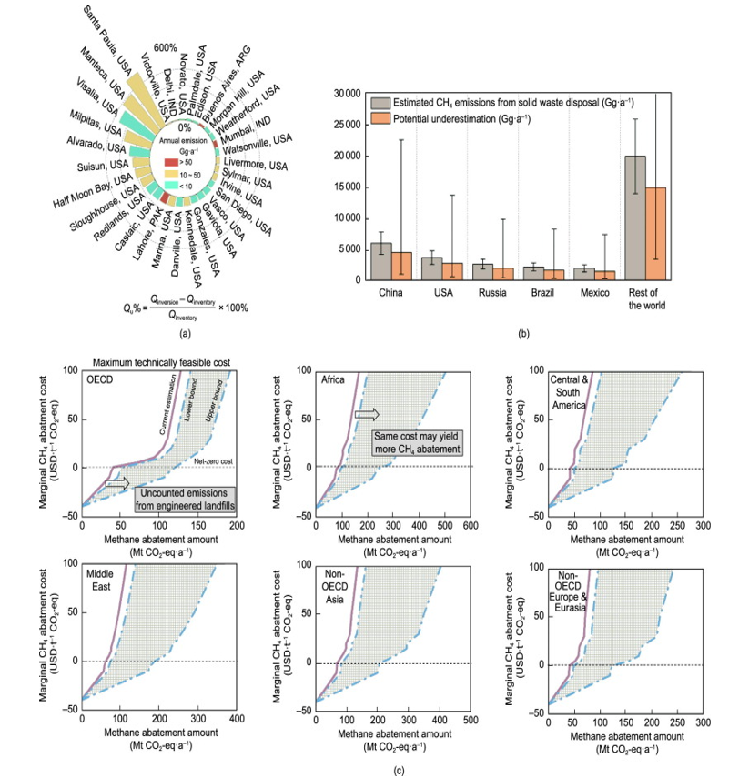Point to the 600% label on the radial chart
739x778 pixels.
tap(165, 48)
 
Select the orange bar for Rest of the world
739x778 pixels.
tap(655, 235)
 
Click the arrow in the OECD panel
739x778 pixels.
tap(116, 483)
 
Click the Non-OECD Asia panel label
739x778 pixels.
tap(334, 581)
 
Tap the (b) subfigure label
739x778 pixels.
tap(523, 334)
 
